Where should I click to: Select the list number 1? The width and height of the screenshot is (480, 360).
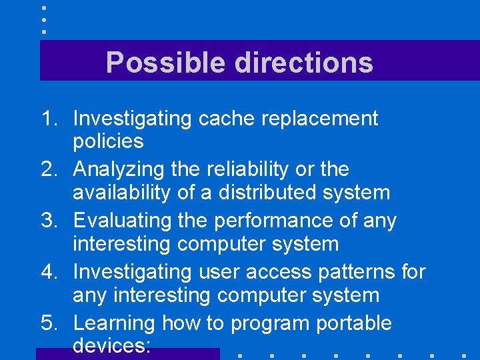tap(50, 119)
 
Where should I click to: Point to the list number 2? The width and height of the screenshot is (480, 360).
tap(50, 170)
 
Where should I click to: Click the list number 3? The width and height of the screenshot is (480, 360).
tap(50, 221)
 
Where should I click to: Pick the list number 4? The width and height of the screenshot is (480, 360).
tap(50, 272)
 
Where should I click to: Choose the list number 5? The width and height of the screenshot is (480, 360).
tap(50, 323)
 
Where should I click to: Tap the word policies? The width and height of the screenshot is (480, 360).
tap(108, 141)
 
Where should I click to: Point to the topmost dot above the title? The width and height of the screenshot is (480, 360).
tap(43, 8)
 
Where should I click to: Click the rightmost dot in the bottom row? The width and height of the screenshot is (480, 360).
tap(463, 355)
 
